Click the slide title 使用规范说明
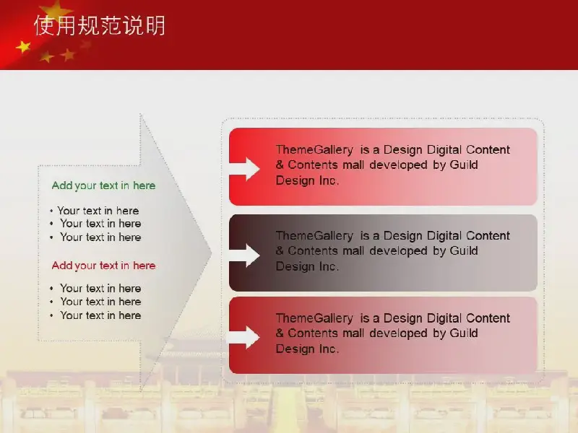(x=100, y=25)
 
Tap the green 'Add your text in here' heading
(x=103, y=185)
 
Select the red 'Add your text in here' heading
(x=103, y=266)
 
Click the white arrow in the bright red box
(x=245, y=169)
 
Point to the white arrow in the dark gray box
(x=245, y=255)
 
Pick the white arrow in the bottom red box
(x=245, y=337)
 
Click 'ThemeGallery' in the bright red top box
(x=314, y=150)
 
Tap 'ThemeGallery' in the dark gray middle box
(x=314, y=236)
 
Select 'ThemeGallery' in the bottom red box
(x=314, y=318)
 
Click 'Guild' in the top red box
(x=464, y=165)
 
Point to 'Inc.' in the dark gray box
(x=329, y=266)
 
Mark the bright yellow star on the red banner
(x=24, y=47)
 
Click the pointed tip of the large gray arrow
(x=211, y=253)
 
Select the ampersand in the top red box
(x=280, y=165)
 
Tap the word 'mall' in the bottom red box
(x=353, y=333)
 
